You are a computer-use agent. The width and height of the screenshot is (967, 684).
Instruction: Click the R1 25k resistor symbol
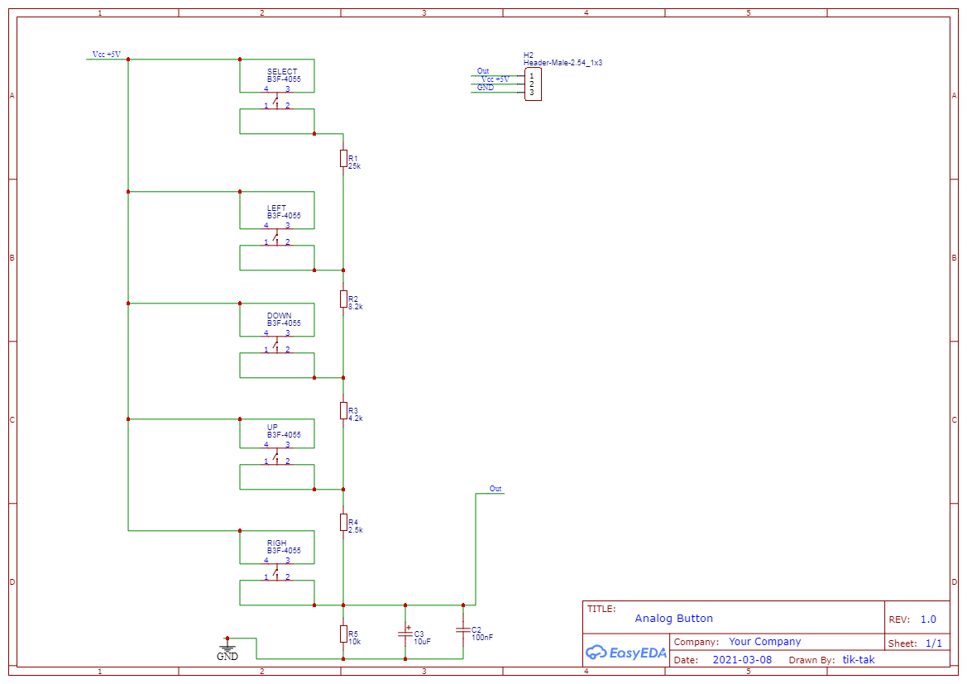point(343,158)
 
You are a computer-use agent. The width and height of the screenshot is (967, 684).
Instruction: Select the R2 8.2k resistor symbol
point(343,299)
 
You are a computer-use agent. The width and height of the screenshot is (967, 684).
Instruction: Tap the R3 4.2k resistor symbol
point(343,410)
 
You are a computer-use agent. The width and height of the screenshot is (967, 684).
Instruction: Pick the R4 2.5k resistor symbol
point(343,522)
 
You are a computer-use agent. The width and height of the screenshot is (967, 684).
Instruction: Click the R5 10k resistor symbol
point(343,634)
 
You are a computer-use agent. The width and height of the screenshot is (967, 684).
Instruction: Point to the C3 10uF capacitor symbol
point(405,633)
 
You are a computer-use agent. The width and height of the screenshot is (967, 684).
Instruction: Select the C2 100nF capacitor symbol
point(462,630)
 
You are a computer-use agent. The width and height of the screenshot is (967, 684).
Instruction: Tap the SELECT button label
point(282,72)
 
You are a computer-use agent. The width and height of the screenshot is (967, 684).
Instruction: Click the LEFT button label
point(276,208)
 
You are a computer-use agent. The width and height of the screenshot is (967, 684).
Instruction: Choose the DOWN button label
point(279,316)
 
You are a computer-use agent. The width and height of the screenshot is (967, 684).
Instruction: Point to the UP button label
point(272,428)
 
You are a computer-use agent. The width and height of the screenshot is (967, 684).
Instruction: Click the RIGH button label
point(276,543)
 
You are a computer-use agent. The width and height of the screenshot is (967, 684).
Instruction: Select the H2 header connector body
point(533,84)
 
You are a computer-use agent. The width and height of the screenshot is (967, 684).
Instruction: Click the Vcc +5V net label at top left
point(107,55)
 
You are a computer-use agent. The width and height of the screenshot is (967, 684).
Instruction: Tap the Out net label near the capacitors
point(495,489)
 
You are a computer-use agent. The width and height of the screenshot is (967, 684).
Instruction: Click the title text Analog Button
point(673,619)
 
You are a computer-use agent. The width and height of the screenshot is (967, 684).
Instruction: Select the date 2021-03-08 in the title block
point(742,660)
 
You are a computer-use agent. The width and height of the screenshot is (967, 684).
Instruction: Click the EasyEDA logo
point(625,653)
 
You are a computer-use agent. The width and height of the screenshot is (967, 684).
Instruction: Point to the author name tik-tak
point(859,660)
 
